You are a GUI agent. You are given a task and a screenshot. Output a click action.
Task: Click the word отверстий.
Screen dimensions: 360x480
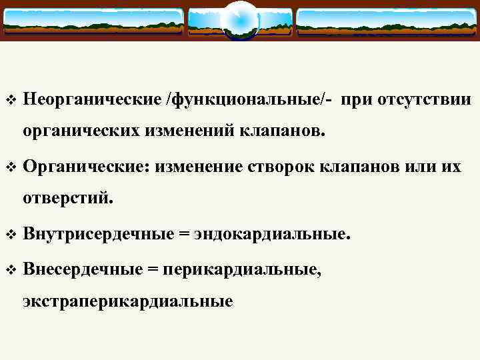pos(68,199)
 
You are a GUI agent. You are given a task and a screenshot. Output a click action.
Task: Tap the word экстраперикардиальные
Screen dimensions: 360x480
pos(128,301)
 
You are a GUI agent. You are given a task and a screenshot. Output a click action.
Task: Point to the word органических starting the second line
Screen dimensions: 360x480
pos(81,131)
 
